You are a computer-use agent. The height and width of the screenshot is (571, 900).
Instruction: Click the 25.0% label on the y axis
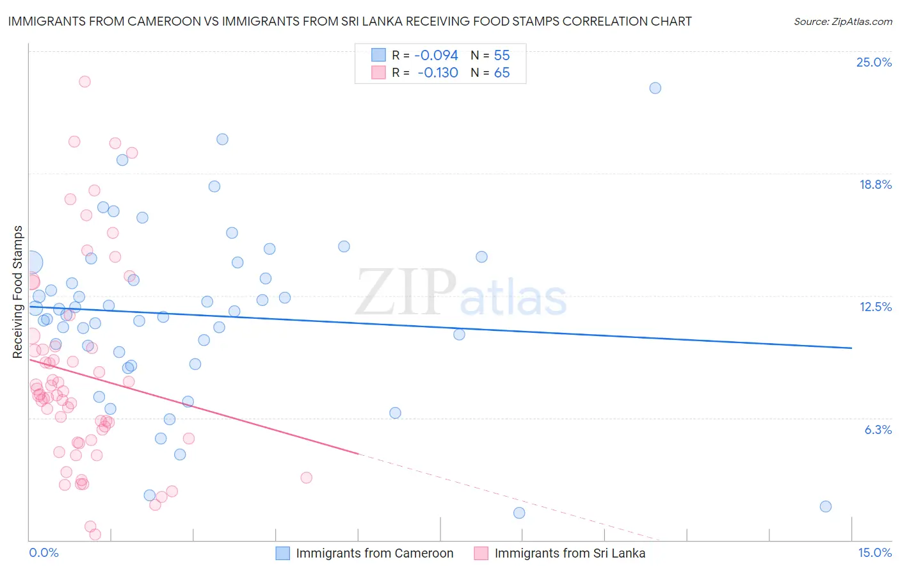tap(874, 62)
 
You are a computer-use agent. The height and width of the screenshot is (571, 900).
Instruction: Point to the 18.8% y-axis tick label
tap(875, 184)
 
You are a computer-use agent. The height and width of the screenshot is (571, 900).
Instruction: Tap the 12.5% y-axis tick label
tap(875, 307)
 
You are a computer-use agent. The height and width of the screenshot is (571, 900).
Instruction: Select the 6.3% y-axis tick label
tap(878, 430)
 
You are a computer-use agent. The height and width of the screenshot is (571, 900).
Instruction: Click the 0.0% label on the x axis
tap(44, 552)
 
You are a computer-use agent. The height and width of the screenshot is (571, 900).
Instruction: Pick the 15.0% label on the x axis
tap(874, 552)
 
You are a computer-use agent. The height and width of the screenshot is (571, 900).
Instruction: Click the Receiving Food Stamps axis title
tap(18, 291)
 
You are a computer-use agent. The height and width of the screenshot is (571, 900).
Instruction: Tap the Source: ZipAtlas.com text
tap(842, 22)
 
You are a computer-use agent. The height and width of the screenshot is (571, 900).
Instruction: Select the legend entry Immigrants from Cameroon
tap(374, 553)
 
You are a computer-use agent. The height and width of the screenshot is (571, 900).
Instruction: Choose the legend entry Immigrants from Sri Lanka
tap(570, 553)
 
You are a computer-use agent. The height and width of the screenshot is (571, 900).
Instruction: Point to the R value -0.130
tap(438, 73)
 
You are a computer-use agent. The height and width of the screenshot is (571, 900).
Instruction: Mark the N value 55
tap(502, 56)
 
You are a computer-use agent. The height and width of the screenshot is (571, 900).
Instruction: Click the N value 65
tap(502, 73)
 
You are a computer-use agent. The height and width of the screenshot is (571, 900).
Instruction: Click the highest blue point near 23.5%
tap(655, 88)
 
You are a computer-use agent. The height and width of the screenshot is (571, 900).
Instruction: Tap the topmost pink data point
tap(84, 82)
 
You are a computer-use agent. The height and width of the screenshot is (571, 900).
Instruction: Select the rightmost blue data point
tap(825, 506)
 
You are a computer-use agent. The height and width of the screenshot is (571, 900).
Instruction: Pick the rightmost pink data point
tap(306, 478)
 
